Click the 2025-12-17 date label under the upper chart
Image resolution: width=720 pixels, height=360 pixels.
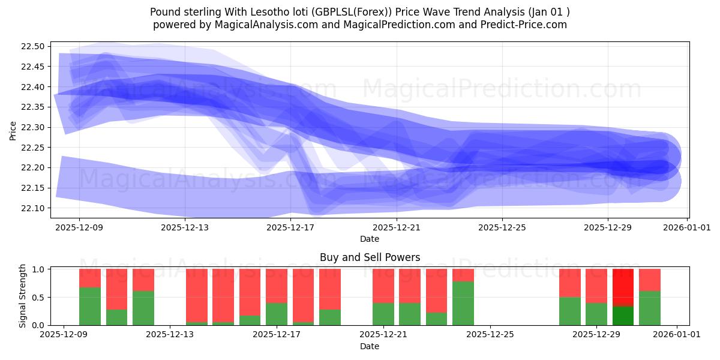pos(290,227)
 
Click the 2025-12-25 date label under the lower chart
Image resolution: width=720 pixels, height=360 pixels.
pos(490,335)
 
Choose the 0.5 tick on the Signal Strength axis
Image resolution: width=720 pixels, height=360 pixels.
pos(40,297)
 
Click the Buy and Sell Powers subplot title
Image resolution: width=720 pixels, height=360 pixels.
pos(370,257)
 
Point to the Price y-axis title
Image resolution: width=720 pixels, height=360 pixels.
pos(13,130)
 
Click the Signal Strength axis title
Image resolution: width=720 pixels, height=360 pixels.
pos(23,296)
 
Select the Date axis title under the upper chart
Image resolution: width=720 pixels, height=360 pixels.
pos(370,239)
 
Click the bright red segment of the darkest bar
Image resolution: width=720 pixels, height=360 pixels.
pos(623,287)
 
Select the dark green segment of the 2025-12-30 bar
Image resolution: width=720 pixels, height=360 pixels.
pos(623,316)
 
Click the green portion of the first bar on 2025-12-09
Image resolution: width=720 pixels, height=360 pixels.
pos(90,306)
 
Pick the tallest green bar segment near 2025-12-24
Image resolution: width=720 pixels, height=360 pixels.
pos(463,303)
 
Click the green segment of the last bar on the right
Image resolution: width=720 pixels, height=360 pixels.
pos(650,308)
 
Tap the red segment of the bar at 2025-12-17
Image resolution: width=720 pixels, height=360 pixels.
pos(277,286)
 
